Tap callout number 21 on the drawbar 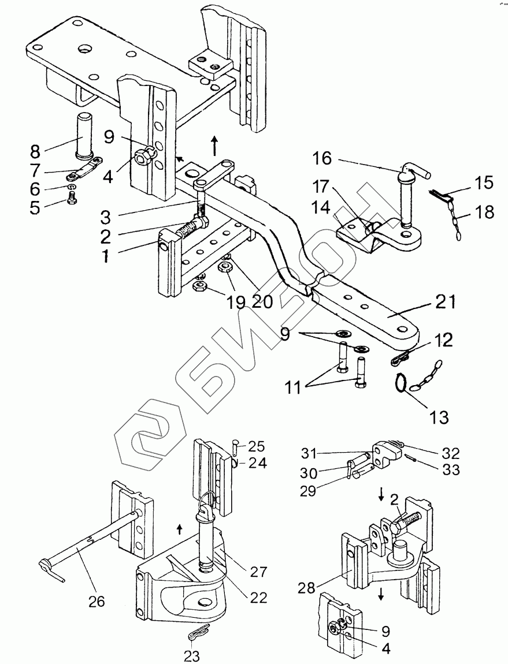446,302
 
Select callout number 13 439,417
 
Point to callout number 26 97,601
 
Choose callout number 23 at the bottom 192,656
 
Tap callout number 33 450,470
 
